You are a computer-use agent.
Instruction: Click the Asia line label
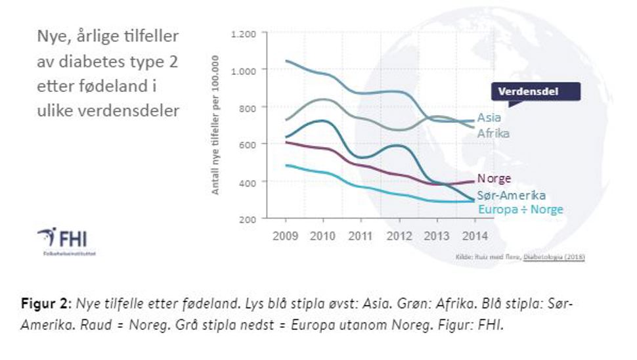(x=489, y=118)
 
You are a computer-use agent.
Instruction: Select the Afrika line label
(x=493, y=133)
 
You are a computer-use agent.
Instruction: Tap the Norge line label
(x=494, y=179)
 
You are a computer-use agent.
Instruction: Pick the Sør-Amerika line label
(x=512, y=195)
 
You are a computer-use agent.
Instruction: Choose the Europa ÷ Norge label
(x=520, y=210)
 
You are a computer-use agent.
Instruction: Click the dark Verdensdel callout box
(x=537, y=91)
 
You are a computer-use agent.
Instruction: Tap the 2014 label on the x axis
(x=473, y=236)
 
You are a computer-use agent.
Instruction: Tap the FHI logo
(x=63, y=237)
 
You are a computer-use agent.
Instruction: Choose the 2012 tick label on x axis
(x=399, y=236)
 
